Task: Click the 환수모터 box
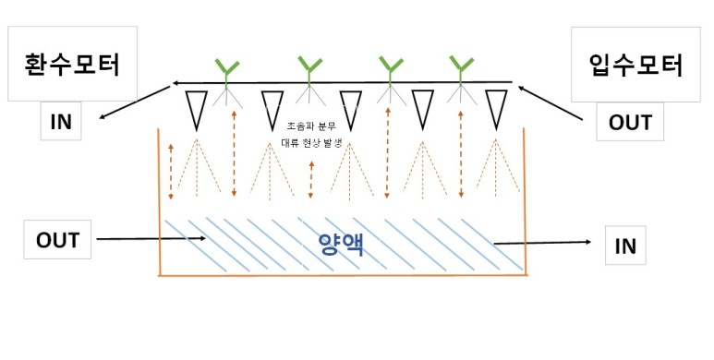(71, 65)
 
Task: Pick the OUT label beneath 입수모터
(631, 121)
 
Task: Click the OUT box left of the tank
(57, 241)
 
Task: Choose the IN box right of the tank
(624, 246)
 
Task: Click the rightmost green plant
(460, 69)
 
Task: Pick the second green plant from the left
(308, 69)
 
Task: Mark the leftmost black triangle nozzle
(196, 109)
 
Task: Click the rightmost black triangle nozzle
(497, 109)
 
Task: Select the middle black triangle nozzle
(350, 109)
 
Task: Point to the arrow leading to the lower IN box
(545, 243)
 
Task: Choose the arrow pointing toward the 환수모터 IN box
(134, 102)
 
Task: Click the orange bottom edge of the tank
(342, 275)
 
